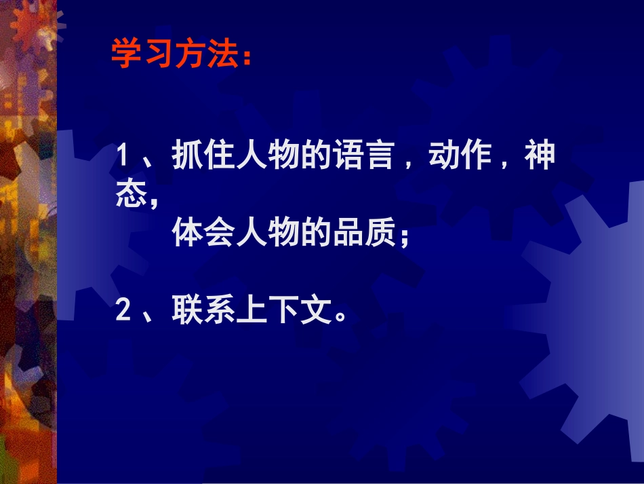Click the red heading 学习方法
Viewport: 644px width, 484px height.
tap(175, 54)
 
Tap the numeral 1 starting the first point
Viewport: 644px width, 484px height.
tap(123, 156)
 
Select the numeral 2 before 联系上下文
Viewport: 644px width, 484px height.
tap(123, 312)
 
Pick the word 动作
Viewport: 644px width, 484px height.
tap(458, 156)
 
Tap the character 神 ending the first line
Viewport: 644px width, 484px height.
tap(540, 156)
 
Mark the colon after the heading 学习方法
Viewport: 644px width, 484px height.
tap(245, 58)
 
